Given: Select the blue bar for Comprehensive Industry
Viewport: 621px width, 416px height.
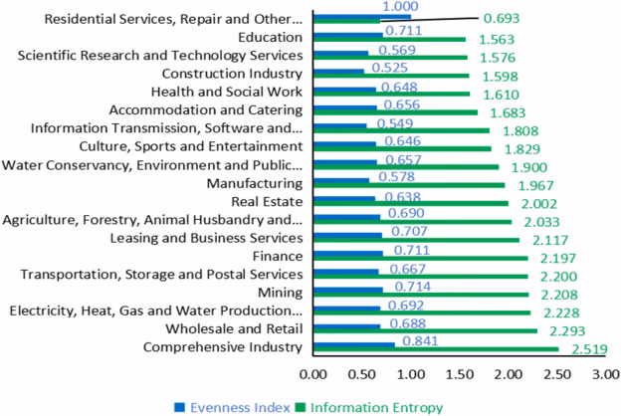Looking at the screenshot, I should coord(353,343).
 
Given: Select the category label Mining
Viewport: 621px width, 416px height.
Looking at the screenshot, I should coord(279,292).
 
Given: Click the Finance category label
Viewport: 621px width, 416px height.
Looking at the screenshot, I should coord(276,256).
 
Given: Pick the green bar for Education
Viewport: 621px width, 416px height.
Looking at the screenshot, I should coord(389,40).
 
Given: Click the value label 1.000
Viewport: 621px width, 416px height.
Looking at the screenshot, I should coord(372,7).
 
